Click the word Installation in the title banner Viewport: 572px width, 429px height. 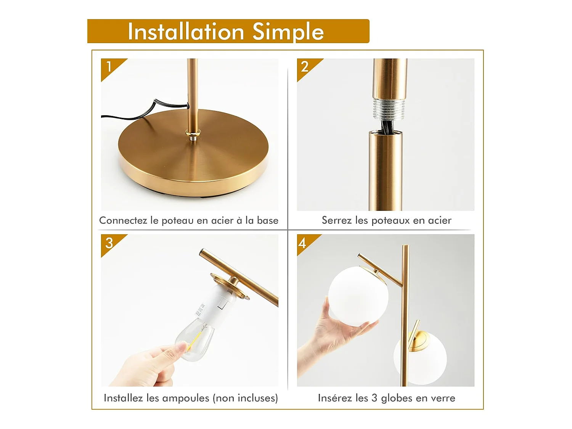coord(186,32)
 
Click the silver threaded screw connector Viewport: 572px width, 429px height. coord(389,110)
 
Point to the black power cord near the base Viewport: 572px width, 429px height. coord(141,112)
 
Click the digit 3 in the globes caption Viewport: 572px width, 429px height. coord(374,398)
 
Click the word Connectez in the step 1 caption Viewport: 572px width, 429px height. coord(123,220)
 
